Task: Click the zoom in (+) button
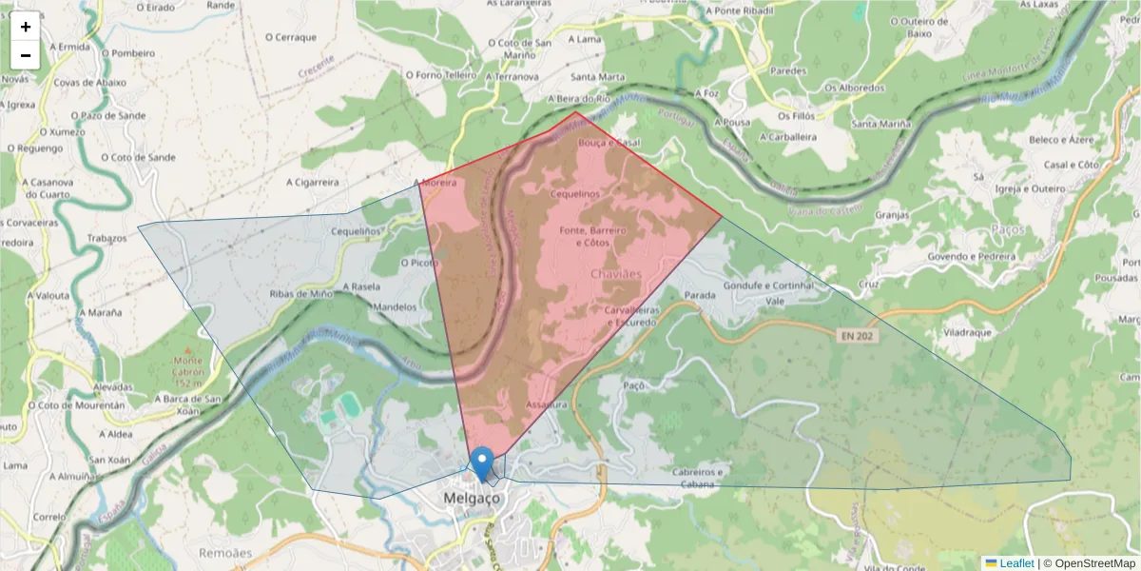(26, 27)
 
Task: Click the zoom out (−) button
(26, 55)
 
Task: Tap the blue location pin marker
(483, 463)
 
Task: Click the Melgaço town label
(471, 499)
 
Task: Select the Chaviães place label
(617, 274)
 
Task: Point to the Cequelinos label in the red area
(575, 194)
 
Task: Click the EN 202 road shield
(855, 336)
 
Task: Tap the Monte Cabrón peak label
(187, 366)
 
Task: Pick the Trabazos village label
(106, 238)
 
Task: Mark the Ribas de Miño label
(301, 294)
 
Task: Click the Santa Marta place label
(597, 76)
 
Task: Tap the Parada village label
(700, 296)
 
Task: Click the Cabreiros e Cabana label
(698, 478)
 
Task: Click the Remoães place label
(225, 552)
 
